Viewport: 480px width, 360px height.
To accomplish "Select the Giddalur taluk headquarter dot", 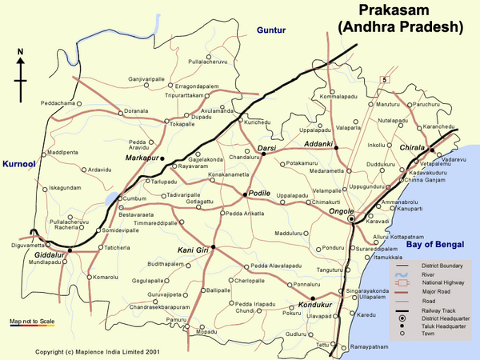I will coord(70,250).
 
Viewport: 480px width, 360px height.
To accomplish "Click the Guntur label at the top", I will coord(270,30).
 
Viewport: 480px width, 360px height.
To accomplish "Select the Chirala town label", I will coord(413,147).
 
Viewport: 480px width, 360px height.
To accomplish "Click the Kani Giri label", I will coord(193,250).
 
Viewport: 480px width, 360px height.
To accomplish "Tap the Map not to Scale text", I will coord(32,321).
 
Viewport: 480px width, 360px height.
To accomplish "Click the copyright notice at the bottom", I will coord(98,351).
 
